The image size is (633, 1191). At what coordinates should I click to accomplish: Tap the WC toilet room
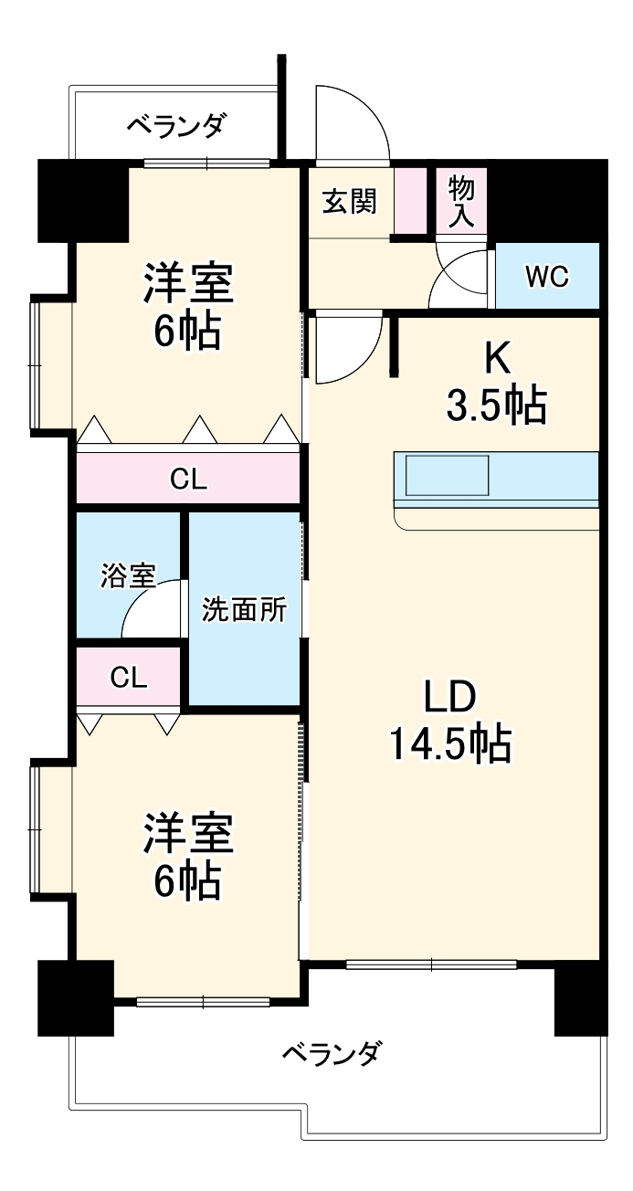tap(546, 276)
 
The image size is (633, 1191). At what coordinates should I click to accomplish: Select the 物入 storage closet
tap(461, 202)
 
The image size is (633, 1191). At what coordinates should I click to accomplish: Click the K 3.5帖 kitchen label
tap(496, 385)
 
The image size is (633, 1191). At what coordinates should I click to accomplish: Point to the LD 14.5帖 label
tap(449, 722)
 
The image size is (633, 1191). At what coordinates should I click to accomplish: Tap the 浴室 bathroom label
tap(127, 575)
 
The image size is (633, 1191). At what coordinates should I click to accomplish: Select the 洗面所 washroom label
tap(244, 609)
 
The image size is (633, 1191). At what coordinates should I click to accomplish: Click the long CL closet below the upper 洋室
tap(188, 479)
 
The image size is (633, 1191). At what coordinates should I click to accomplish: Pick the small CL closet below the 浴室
tap(128, 677)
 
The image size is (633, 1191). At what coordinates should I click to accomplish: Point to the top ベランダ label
tap(174, 125)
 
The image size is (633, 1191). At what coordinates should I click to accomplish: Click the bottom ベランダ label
tap(329, 1054)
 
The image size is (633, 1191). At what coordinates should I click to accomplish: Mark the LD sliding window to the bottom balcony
tap(431, 964)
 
